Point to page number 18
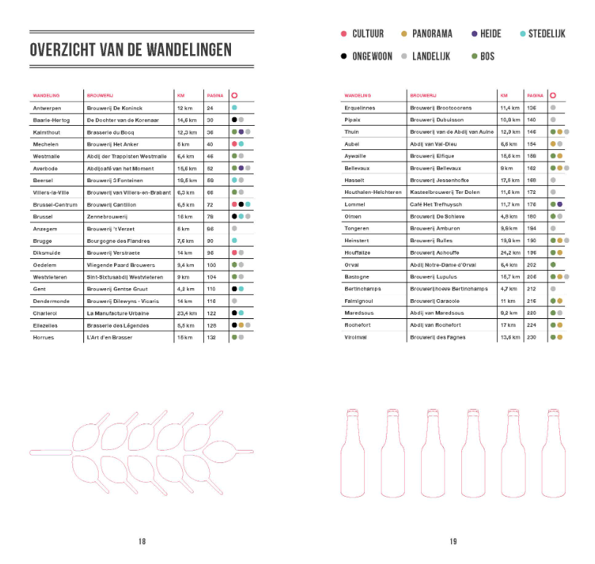[142, 541]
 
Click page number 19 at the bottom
[453, 541]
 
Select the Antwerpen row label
[46, 108]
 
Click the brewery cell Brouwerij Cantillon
[115, 205]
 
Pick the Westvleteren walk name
[50, 277]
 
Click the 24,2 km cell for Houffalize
[509, 252]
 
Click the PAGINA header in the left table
[215, 95]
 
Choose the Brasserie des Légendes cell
[118, 325]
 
